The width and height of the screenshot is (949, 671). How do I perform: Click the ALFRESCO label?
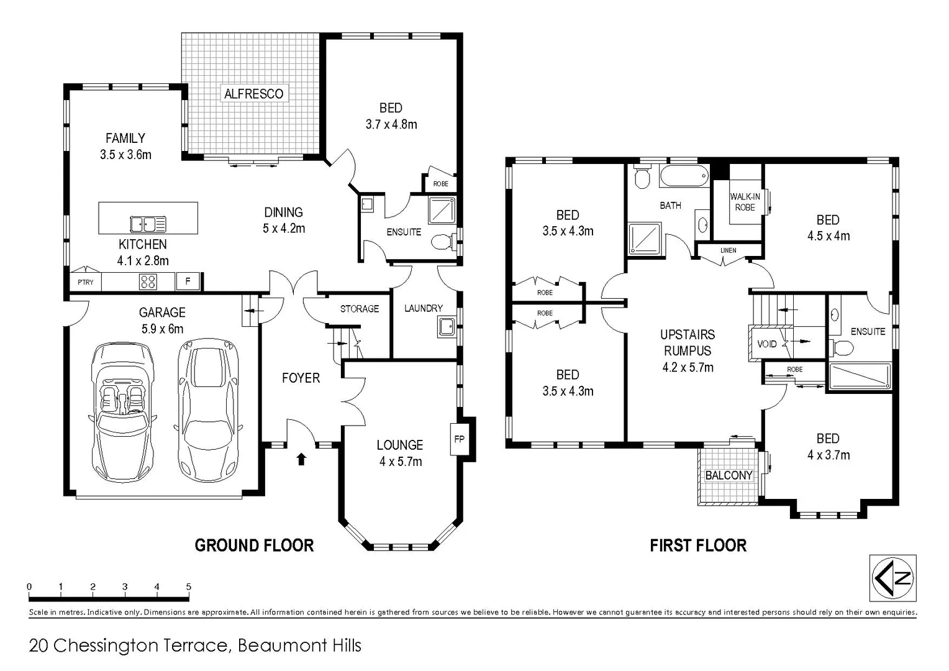pos(253,94)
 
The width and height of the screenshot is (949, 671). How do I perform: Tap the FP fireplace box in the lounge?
pos(459,439)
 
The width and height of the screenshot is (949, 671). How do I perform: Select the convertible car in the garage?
pos(122,411)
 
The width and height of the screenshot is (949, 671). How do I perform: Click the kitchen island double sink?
pos(148,224)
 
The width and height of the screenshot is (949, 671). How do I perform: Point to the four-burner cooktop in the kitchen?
pos(148,282)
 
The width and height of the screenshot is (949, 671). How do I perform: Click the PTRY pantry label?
pos(86,282)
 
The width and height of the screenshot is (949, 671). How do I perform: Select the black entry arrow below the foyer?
pos(301,459)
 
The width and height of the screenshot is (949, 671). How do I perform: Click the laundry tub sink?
pos(446,326)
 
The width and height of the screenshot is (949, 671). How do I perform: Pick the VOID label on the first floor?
pos(767,344)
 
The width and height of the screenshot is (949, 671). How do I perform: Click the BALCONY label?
pos(729,475)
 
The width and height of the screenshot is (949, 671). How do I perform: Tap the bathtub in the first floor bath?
pos(684,176)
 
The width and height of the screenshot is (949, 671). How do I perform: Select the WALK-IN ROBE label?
pos(745,202)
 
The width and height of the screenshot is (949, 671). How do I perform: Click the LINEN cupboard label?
pos(728,250)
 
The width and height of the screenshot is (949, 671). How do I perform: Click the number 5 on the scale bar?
pos(188,587)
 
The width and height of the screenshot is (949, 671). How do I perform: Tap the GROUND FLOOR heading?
pos(254,545)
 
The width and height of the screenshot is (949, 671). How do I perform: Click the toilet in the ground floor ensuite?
pos(443,241)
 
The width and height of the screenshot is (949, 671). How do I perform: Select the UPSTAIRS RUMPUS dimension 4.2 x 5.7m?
pos(688,367)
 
